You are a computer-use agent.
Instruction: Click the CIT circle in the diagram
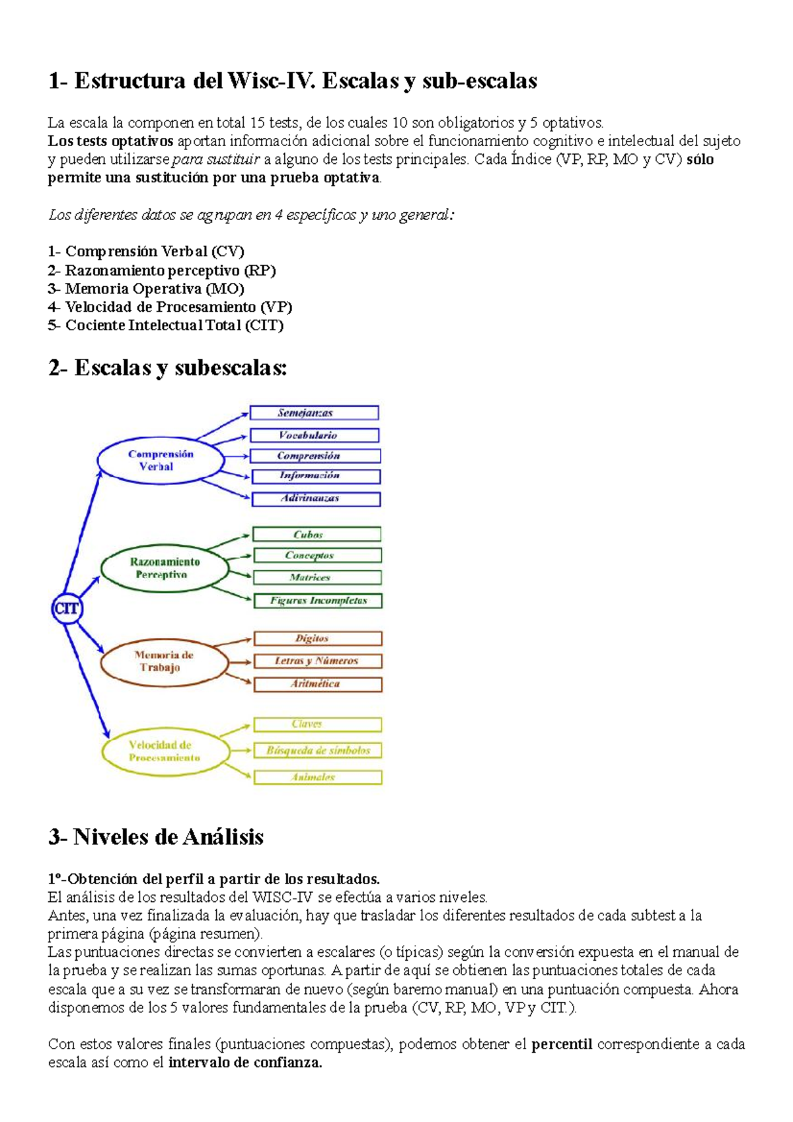pyautogui.click(x=66, y=609)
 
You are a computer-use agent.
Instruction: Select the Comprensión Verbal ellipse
pyautogui.click(x=161, y=461)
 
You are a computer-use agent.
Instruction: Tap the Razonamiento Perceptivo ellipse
pyautogui.click(x=165, y=568)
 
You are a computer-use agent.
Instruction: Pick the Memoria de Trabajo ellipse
pyautogui.click(x=164, y=661)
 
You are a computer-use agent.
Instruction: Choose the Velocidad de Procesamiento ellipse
pyautogui.click(x=165, y=751)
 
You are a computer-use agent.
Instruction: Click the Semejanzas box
pyautogui.click(x=314, y=413)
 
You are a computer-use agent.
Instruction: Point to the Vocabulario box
pyautogui.click(x=315, y=435)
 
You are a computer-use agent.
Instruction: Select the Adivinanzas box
pyautogui.click(x=316, y=498)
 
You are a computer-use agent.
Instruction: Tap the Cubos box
pyautogui.click(x=317, y=534)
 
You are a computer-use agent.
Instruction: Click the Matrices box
pyautogui.click(x=317, y=578)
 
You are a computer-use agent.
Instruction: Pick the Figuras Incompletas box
pyautogui.click(x=318, y=601)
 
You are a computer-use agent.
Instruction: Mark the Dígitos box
pyautogui.click(x=318, y=638)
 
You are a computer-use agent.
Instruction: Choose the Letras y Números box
pyautogui.click(x=318, y=661)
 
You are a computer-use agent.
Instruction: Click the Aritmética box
pyautogui.click(x=318, y=684)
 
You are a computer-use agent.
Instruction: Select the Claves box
pyautogui.click(x=317, y=724)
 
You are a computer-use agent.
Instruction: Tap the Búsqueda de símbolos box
pyautogui.click(x=318, y=751)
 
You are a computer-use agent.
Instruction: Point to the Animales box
pyautogui.click(x=318, y=777)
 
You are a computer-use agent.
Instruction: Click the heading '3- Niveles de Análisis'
pyautogui.click(x=156, y=837)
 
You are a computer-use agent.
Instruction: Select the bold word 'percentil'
pyautogui.click(x=562, y=1045)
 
